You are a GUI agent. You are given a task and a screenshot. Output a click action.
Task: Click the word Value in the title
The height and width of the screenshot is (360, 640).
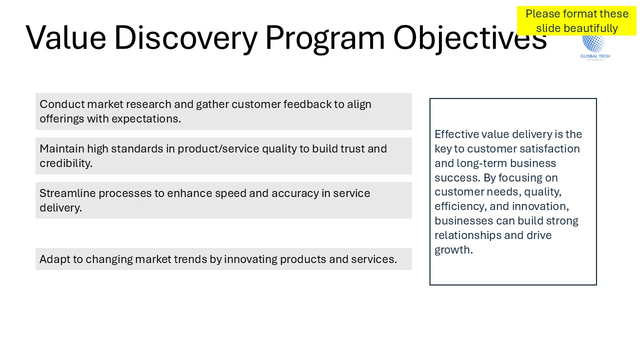pos(66,37)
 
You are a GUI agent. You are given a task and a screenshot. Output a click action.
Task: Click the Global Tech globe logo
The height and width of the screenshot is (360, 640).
pos(595,47)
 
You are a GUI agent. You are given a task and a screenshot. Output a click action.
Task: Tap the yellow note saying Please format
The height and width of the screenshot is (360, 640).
pos(576,21)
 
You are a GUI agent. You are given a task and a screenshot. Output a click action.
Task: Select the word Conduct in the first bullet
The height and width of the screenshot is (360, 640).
pos(62,104)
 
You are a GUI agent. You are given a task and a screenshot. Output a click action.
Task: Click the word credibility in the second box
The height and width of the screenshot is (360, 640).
pos(66,163)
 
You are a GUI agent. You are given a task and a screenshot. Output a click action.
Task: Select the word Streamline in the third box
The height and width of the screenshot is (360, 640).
pos(67,193)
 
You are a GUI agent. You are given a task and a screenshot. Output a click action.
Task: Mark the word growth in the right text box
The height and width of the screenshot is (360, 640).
pos(453,250)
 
